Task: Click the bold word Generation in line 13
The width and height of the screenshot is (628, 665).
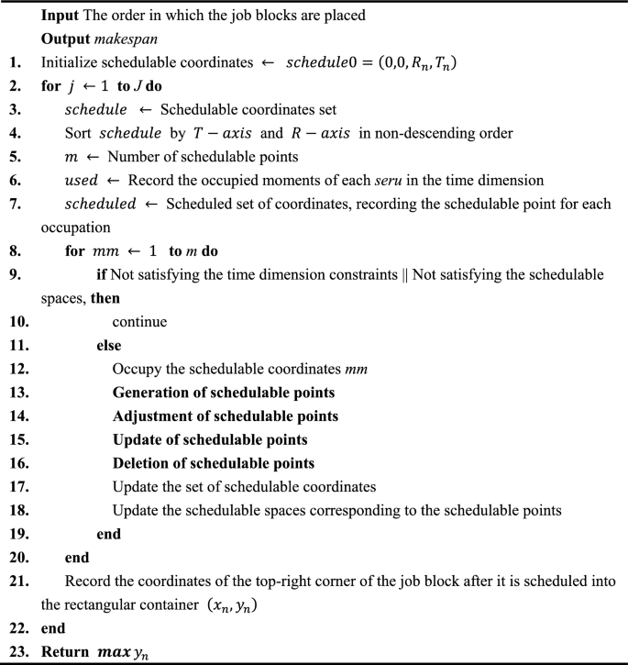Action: click(x=149, y=391)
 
